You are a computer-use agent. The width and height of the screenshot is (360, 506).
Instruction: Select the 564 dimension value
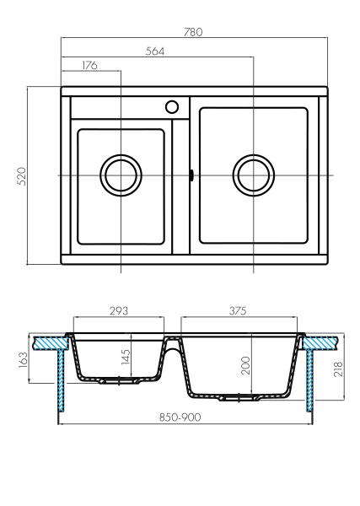pos(154,51)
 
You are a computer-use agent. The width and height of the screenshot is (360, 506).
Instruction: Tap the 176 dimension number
pos(90,66)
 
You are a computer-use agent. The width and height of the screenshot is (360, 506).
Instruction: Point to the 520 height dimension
pos(23,175)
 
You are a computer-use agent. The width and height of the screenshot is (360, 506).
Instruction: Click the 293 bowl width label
pos(118,310)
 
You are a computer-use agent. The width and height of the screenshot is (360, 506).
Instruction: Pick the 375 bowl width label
pos(237,310)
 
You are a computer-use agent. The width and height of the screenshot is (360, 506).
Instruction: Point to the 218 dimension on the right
pos(337,369)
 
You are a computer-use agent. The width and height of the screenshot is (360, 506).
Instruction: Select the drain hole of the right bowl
pos(253,175)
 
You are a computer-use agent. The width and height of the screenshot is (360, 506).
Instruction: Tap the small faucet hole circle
pos(172,107)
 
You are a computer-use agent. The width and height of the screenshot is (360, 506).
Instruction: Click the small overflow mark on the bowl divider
pos(194,175)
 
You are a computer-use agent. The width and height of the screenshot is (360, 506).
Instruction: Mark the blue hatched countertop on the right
pos(320,342)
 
